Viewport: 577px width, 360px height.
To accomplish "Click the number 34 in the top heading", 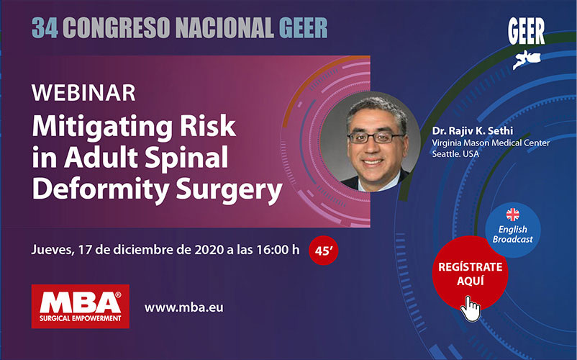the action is point(45,28).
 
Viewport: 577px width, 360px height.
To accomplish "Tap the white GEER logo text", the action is point(526,32).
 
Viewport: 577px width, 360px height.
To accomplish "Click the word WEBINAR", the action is point(84,93).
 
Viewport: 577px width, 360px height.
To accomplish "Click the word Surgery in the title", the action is point(229,190).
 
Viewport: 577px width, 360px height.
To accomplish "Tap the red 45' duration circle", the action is point(324,251).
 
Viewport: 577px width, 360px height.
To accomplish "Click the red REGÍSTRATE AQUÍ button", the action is point(470,274).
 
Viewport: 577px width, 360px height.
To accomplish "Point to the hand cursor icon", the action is point(471,308).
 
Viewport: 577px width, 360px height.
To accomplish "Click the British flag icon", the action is point(512,215).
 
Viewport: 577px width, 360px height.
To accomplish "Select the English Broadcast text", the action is point(512,235).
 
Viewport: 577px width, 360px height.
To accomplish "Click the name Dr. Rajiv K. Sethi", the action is point(473,130).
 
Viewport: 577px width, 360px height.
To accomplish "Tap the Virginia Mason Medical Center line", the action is point(491,143).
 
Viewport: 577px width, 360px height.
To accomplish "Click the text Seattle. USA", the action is point(455,154).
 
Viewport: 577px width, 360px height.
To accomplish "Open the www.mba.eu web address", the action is point(183,307).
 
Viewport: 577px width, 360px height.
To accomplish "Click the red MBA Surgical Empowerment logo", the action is point(81,306).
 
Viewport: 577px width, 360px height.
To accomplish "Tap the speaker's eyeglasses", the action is point(375,138).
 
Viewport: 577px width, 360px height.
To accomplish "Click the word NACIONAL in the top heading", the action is point(224,28).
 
